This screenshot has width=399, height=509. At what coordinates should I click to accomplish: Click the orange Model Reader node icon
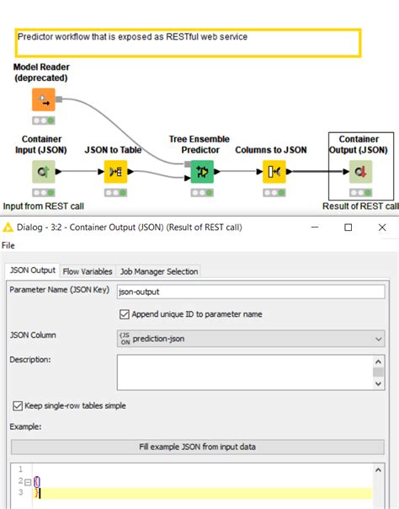coord(43,100)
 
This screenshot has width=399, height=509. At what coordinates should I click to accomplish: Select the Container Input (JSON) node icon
coord(43,173)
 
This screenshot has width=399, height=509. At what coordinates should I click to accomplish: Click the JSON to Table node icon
coord(114,173)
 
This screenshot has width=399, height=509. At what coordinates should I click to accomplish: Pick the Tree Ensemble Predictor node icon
coord(202,173)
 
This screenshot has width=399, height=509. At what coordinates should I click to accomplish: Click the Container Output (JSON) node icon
coord(359,173)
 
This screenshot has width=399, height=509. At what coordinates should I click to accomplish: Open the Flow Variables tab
coord(88,271)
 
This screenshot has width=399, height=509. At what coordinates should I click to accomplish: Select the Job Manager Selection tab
coord(159,271)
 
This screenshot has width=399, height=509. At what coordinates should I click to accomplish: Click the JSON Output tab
coord(32,271)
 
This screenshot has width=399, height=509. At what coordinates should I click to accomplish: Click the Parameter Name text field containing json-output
coord(250,292)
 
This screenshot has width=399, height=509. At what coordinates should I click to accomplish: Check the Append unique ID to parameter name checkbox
coord(125,314)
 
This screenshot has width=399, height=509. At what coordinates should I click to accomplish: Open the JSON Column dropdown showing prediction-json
coord(250,338)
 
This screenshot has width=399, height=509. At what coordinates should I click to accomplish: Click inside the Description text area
coord(244,372)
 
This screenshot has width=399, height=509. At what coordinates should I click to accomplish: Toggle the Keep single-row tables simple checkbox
coord(18,405)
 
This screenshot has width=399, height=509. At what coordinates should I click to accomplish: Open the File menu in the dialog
coord(8,246)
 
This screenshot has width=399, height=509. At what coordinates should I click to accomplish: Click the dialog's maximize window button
coord(348,227)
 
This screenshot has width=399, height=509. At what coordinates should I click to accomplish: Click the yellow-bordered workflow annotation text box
coord(184,43)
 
